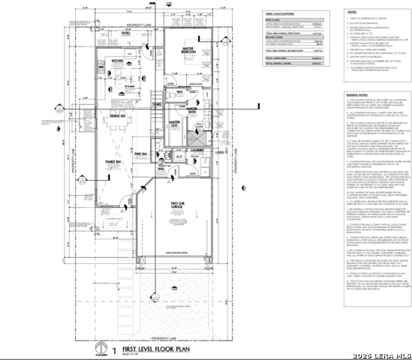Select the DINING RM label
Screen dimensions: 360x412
click(117, 116)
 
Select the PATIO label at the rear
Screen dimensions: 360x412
click(126, 33)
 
